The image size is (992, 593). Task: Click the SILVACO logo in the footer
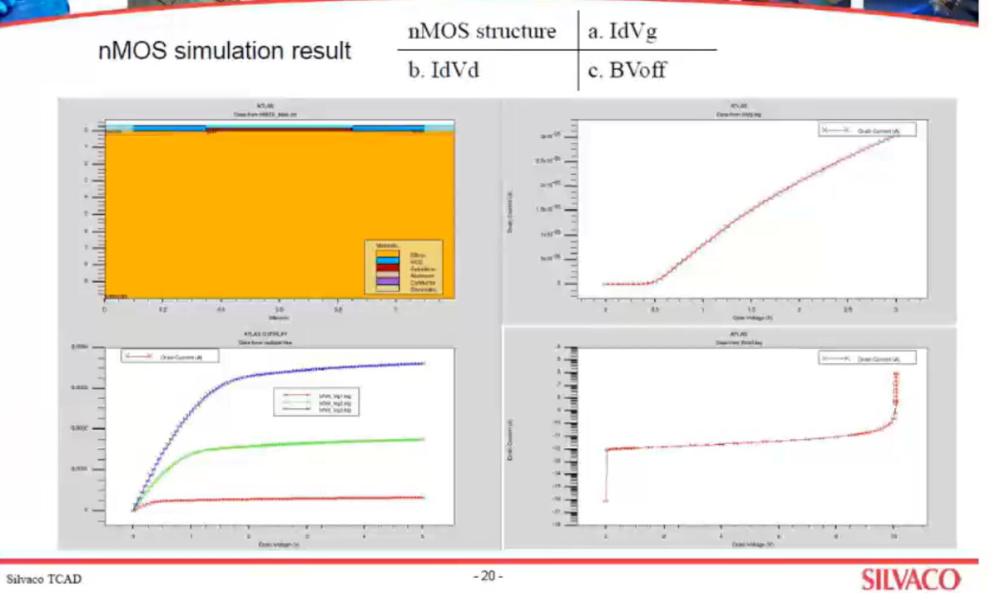(x=910, y=579)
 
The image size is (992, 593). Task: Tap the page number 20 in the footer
(x=489, y=576)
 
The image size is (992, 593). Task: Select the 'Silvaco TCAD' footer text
(x=44, y=579)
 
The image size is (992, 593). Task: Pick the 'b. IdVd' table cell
(x=444, y=70)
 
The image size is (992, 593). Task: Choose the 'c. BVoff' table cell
(x=627, y=70)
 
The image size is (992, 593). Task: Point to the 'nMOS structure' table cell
(x=482, y=32)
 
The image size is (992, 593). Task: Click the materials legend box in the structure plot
(x=404, y=267)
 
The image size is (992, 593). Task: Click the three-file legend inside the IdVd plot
(x=317, y=403)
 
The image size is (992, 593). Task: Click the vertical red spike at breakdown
(x=896, y=391)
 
